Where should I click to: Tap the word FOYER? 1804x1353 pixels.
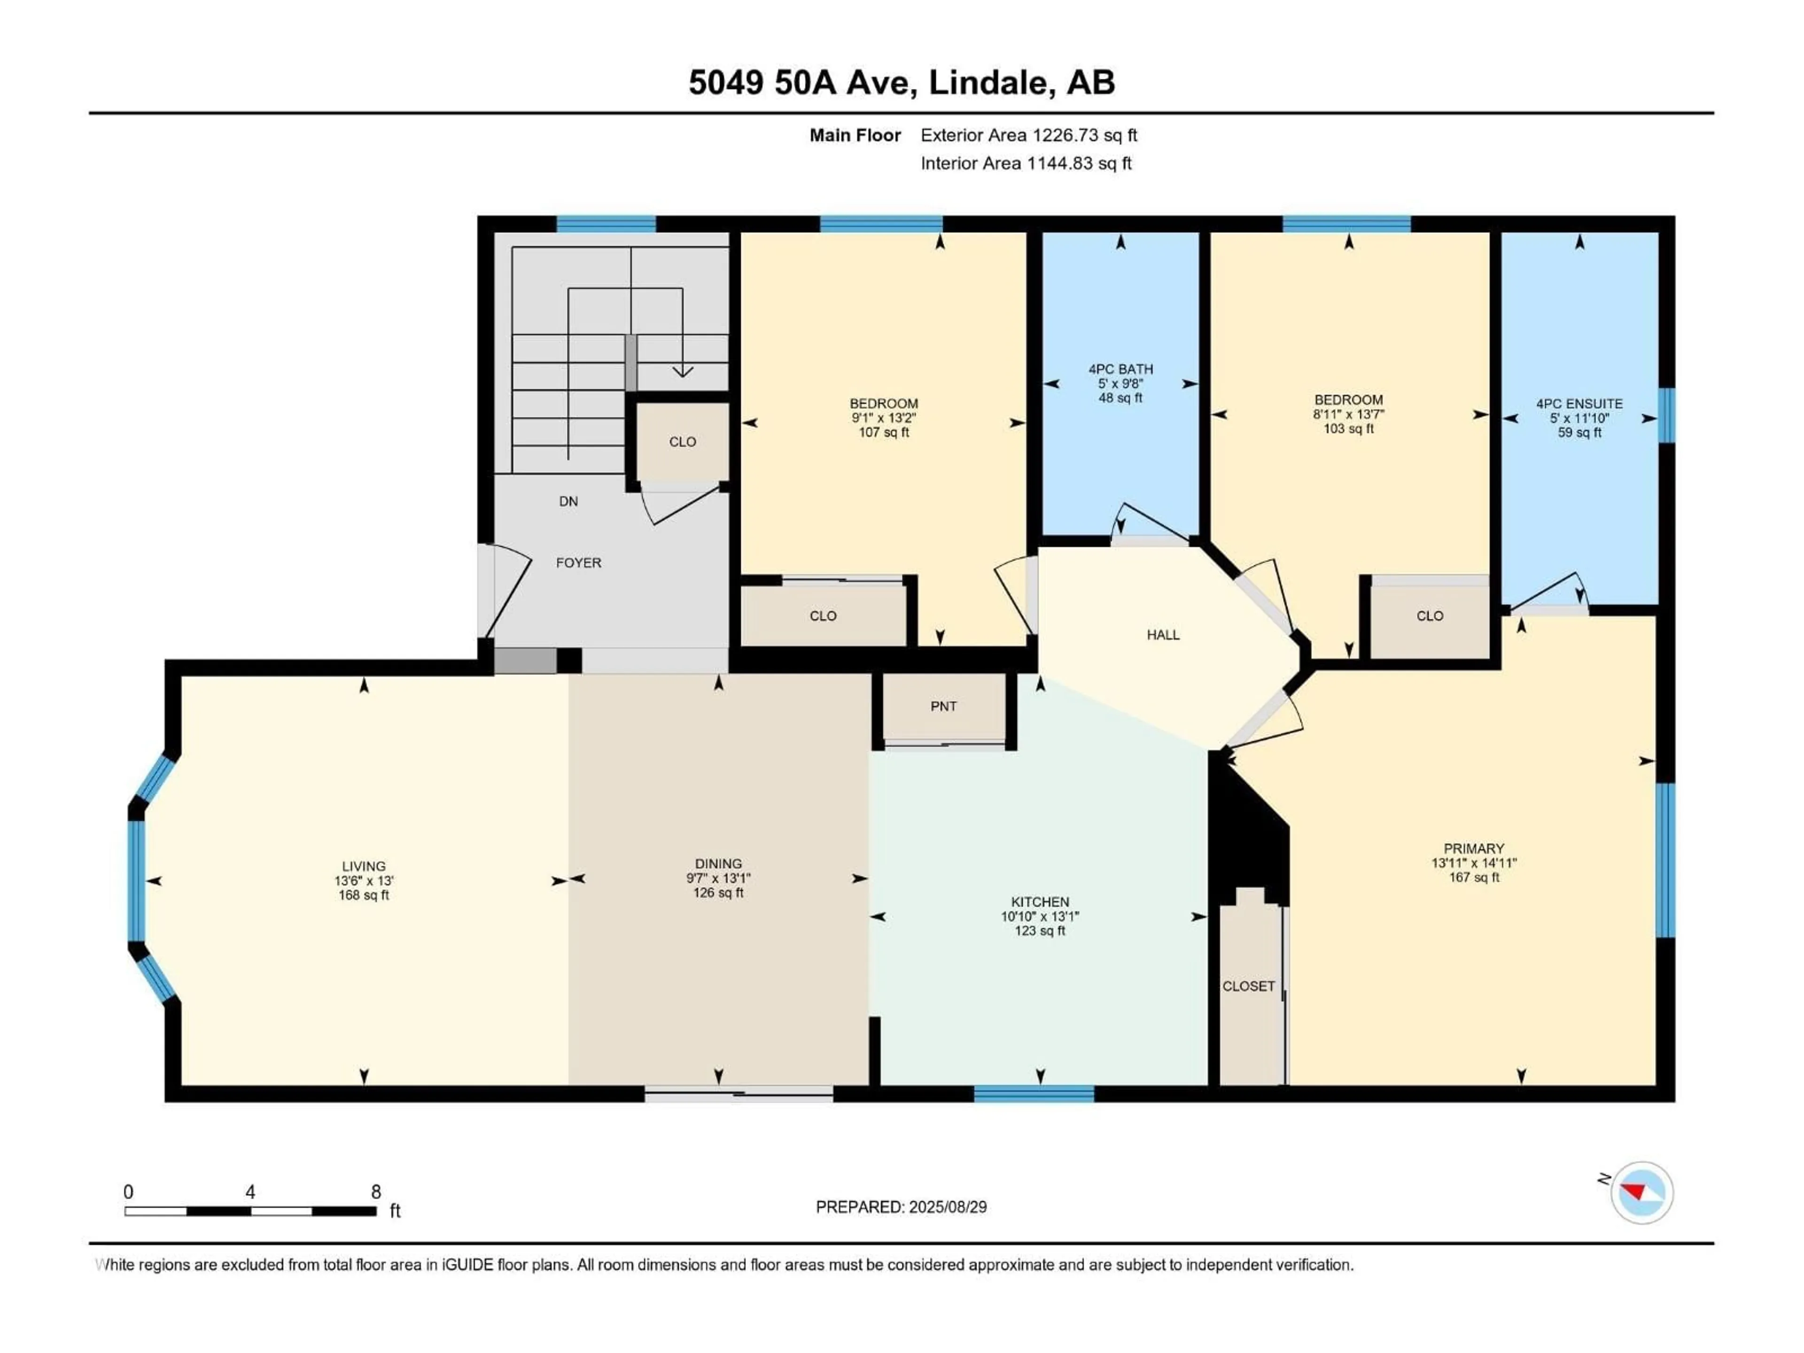click(578, 563)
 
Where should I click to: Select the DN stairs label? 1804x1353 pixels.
click(568, 502)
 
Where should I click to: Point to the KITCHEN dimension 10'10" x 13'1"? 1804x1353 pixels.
click(1039, 917)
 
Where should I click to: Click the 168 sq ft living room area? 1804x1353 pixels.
click(364, 895)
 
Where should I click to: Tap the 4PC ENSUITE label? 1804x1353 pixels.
click(1579, 404)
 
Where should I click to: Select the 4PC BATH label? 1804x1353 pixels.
click(1120, 369)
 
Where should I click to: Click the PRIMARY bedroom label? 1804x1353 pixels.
click(1473, 848)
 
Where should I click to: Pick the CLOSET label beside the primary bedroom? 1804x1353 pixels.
click(1248, 986)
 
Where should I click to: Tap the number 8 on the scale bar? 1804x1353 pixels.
click(376, 1191)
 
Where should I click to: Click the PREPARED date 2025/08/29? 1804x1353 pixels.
click(901, 1207)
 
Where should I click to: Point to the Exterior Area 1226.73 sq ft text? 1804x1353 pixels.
click(1028, 135)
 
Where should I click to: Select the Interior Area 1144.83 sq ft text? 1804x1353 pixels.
click(1025, 163)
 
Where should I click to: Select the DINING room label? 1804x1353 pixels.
click(718, 863)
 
